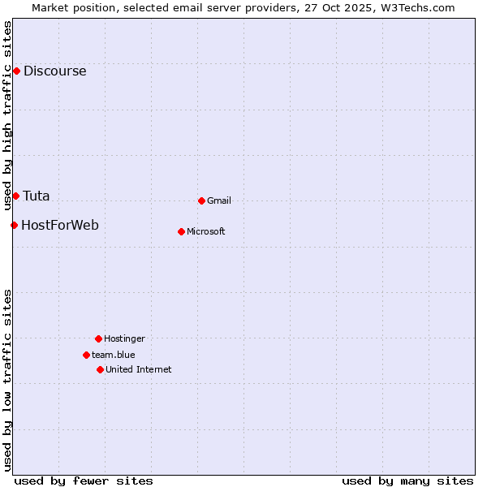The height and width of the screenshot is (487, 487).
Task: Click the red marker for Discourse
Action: (x=16, y=71)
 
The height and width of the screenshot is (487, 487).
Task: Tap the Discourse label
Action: (x=54, y=71)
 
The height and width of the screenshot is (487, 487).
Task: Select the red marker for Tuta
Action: (x=15, y=196)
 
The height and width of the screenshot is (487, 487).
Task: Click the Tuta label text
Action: (x=36, y=196)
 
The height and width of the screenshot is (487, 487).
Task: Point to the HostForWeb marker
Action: (x=14, y=225)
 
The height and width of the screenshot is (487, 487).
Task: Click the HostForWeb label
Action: (x=59, y=225)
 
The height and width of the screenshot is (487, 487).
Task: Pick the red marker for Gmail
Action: (x=201, y=200)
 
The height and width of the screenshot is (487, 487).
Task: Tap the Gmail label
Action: (x=219, y=200)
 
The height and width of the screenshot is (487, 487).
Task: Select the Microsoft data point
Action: (x=181, y=231)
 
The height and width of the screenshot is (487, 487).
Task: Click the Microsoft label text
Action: (x=206, y=231)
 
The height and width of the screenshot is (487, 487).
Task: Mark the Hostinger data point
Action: (x=98, y=338)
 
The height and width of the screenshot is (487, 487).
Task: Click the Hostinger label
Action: (x=124, y=338)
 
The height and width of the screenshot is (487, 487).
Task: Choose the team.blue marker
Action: (x=86, y=355)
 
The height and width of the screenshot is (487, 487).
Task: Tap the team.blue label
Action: (x=114, y=355)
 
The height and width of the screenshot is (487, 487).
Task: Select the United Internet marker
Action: (x=100, y=369)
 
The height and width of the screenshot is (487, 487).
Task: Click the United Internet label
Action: (x=139, y=369)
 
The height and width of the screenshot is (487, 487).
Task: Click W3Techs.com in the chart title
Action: (x=416, y=7)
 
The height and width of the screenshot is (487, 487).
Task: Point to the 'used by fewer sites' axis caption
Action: (x=84, y=481)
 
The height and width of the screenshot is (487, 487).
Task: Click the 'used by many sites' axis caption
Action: (x=407, y=481)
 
